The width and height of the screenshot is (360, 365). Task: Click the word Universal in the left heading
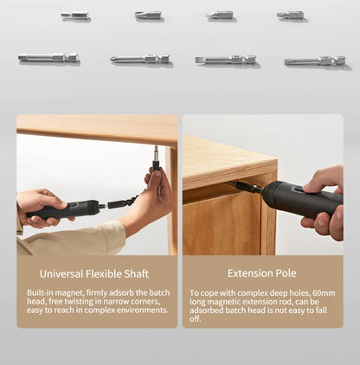pyautogui.click(x=61, y=273)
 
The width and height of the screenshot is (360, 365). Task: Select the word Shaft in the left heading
pyautogui.click(x=137, y=273)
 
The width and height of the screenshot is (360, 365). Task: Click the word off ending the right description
pyautogui.click(x=195, y=319)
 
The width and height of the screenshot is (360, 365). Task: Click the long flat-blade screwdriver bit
pyautogui.click(x=225, y=60)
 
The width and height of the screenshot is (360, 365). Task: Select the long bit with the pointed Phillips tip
pyautogui.click(x=140, y=59)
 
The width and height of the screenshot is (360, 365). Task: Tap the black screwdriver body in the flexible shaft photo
pyautogui.click(x=65, y=209)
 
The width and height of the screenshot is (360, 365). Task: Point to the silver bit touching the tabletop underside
pyautogui.click(x=156, y=153)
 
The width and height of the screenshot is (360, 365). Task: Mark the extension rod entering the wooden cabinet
pyautogui.click(x=245, y=187)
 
